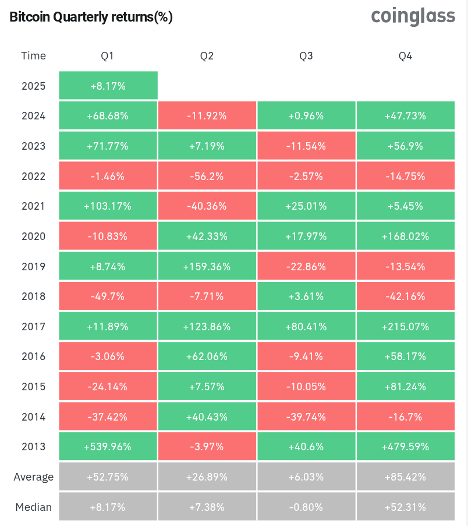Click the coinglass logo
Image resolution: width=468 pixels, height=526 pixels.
click(x=413, y=17)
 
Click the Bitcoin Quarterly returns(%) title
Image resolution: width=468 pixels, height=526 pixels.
click(x=91, y=17)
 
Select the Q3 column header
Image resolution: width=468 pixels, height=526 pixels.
click(x=306, y=56)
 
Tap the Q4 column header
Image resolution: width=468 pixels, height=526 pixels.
click(x=405, y=56)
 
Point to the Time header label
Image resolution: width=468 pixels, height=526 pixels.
click(x=33, y=56)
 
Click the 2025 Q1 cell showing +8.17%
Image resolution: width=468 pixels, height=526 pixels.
click(x=108, y=86)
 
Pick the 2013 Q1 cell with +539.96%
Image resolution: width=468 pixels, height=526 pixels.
click(x=108, y=447)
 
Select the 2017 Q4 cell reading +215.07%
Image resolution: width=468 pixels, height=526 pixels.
click(x=405, y=327)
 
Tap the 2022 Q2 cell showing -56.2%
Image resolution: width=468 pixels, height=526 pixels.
click(x=207, y=176)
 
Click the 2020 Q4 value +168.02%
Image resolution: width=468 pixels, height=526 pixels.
click(x=405, y=236)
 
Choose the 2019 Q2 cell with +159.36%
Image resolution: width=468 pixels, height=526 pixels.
click(x=207, y=267)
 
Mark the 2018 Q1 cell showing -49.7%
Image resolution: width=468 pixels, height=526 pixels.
click(x=108, y=296)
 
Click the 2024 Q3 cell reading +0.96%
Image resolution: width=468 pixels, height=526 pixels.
click(x=306, y=116)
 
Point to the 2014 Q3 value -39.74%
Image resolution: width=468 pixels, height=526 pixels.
click(x=306, y=417)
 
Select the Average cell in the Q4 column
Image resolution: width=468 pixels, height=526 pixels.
click(x=405, y=477)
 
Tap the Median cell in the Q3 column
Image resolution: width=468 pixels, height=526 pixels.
click(x=306, y=507)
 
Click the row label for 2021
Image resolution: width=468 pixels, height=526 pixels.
click(x=33, y=206)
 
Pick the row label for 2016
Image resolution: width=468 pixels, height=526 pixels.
click(x=33, y=356)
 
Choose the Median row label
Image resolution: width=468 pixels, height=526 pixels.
click(x=33, y=507)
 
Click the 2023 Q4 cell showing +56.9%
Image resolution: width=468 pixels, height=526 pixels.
click(x=405, y=146)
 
